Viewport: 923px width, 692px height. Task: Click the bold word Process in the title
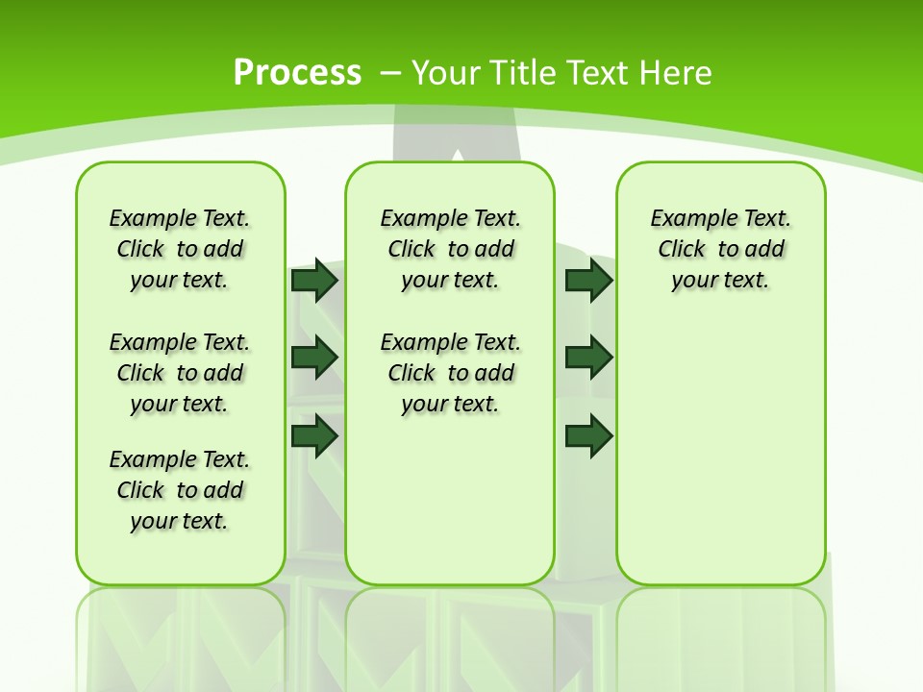pos(297,73)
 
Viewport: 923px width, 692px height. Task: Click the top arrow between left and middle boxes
pos(314,280)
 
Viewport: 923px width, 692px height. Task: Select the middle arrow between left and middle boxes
pos(314,358)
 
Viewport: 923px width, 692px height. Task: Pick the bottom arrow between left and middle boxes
pos(314,435)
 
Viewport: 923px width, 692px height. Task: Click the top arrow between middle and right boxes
pos(588,280)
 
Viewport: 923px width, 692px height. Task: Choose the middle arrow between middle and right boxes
pos(588,358)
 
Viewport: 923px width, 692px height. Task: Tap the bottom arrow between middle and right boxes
pos(588,435)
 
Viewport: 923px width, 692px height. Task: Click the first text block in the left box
pos(180,249)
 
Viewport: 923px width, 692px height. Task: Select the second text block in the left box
pos(180,373)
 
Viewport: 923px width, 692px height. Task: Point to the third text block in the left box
pos(180,490)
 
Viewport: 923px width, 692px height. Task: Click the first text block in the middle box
pos(450,249)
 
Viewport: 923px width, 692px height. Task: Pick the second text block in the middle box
pos(450,373)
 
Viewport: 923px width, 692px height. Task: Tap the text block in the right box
pos(720,249)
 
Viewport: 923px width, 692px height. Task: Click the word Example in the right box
pos(686,219)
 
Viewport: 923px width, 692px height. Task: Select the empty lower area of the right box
pos(720,452)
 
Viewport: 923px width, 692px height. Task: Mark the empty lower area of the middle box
pos(450,500)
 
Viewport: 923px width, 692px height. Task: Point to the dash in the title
pos(390,73)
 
